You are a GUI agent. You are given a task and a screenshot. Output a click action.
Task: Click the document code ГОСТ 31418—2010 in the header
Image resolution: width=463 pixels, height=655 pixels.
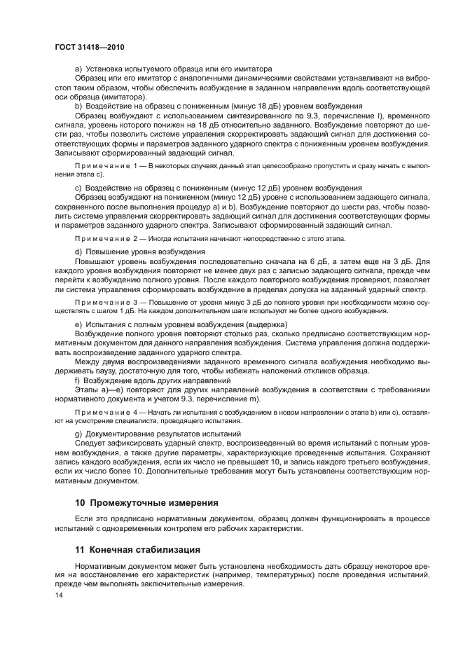click(x=85, y=46)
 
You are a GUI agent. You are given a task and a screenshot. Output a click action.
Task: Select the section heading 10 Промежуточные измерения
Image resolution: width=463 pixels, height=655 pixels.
click(x=147, y=502)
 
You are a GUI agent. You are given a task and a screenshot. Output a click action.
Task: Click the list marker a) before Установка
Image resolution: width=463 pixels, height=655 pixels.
click(x=78, y=69)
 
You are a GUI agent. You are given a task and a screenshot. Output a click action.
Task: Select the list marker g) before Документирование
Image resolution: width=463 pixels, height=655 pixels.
click(x=78, y=434)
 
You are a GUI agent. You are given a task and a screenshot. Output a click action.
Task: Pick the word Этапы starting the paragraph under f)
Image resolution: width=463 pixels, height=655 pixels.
click(x=87, y=388)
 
